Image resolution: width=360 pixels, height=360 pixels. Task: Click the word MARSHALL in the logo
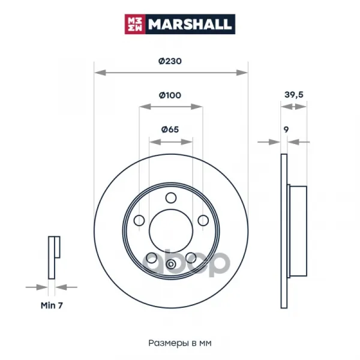189,24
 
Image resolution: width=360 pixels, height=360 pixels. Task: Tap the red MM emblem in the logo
135,24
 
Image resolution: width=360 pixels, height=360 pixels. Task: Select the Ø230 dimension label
170,61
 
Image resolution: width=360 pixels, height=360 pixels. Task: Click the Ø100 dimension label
170,95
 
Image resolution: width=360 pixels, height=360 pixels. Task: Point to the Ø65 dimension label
170,130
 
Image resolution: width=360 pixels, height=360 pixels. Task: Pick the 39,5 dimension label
294,95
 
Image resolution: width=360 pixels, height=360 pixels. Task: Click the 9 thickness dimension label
286,130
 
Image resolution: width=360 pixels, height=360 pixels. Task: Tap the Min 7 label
52,305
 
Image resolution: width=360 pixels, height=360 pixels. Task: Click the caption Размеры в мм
180,343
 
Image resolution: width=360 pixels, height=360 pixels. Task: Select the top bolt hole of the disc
171,198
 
